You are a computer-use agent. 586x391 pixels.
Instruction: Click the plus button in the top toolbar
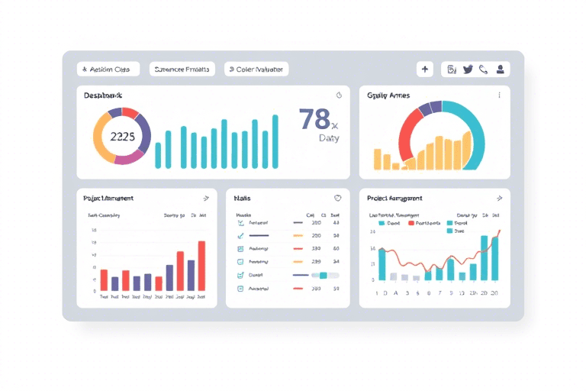pyautogui.click(x=425, y=69)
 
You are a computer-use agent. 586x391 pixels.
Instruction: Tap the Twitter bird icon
pyautogui.click(x=468, y=69)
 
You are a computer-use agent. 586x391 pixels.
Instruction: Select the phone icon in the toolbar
pyautogui.click(x=484, y=69)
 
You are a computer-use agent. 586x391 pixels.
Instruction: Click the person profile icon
pyautogui.click(x=501, y=69)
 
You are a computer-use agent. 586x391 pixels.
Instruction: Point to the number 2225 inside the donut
pyautogui.click(x=122, y=137)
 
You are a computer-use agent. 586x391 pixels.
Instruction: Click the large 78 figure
pyautogui.click(x=314, y=119)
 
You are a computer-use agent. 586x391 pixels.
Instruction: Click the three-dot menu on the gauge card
pyautogui.click(x=499, y=95)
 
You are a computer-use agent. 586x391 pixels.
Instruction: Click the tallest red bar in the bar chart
pyautogui.click(x=201, y=266)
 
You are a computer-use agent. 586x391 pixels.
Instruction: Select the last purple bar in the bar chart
pyautogui.click(x=191, y=275)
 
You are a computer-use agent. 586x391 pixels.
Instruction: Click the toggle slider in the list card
pyautogui.click(x=324, y=275)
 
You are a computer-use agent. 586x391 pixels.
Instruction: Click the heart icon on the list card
pyautogui.click(x=338, y=198)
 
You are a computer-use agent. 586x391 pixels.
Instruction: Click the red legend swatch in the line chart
pyautogui.click(x=411, y=224)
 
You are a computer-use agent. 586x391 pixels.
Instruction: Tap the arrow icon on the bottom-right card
pyautogui.click(x=499, y=198)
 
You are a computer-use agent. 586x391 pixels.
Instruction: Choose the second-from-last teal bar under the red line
pyautogui.click(x=484, y=257)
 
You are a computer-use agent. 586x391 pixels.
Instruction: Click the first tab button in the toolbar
pyautogui.click(x=108, y=69)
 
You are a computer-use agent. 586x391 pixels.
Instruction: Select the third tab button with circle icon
pyautogui.click(x=256, y=69)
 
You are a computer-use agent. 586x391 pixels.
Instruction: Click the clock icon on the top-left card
pyautogui.click(x=339, y=95)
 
